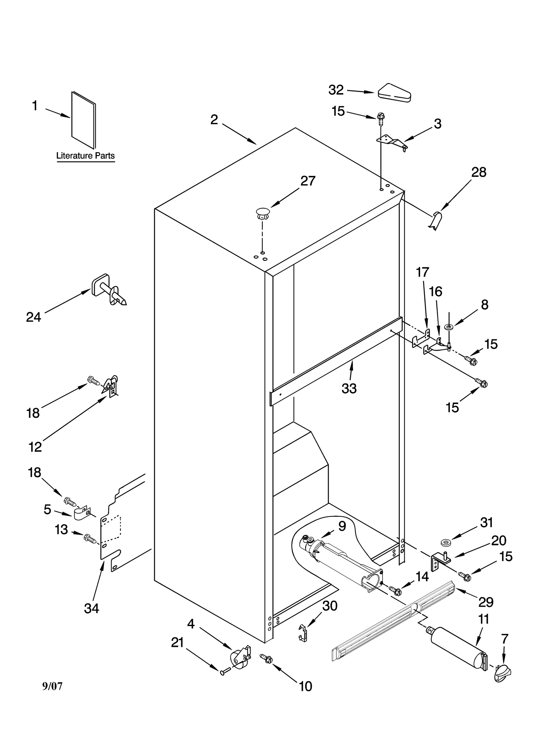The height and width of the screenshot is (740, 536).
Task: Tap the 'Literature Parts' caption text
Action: pos(85,156)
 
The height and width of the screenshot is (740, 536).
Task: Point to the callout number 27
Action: pos(308,181)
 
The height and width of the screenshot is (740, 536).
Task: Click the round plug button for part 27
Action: pos(262,213)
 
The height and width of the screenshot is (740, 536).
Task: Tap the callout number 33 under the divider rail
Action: pos(349,389)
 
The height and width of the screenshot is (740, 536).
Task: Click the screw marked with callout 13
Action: pos(90,539)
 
